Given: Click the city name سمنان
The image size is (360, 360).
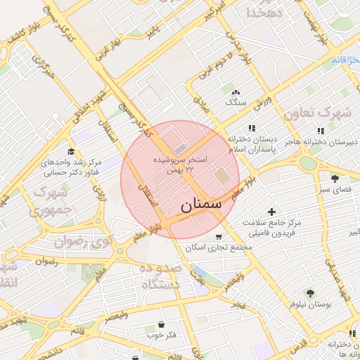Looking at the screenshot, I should pos(201,205).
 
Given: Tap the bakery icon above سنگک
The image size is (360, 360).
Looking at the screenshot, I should pos(235,91).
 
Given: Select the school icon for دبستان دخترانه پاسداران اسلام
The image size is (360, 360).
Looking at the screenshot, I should pos(252,128).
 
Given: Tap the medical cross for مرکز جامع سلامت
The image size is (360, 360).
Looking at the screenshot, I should pos(272,211).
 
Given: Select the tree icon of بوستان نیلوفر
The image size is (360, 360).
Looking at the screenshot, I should pos(309,292).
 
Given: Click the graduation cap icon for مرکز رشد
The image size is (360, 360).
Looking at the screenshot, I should pos(70,151).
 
